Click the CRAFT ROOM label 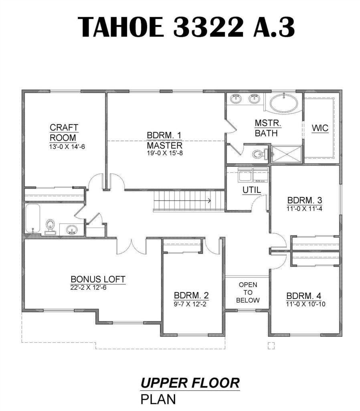(x=64, y=132)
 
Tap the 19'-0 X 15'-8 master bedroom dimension (x=165, y=153)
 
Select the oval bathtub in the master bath (x=283, y=103)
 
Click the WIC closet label (x=320, y=128)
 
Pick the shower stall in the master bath (x=286, y=154)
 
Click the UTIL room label (x=252, y=190)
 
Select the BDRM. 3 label (x=305, y=200)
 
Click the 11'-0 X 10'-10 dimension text (x=305, y=304)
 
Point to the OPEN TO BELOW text (x=248, y=292)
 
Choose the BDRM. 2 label (x=191, y=295)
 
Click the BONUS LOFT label (x=98, y=279)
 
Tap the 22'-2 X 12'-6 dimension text (x=88, y=287)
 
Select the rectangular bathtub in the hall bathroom (x=33, y=218)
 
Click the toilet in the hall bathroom (x=50, y=227)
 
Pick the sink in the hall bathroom (x=71, y=230)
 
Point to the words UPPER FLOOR (x=190, y=383)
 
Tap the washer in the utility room (x=245, y=175)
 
